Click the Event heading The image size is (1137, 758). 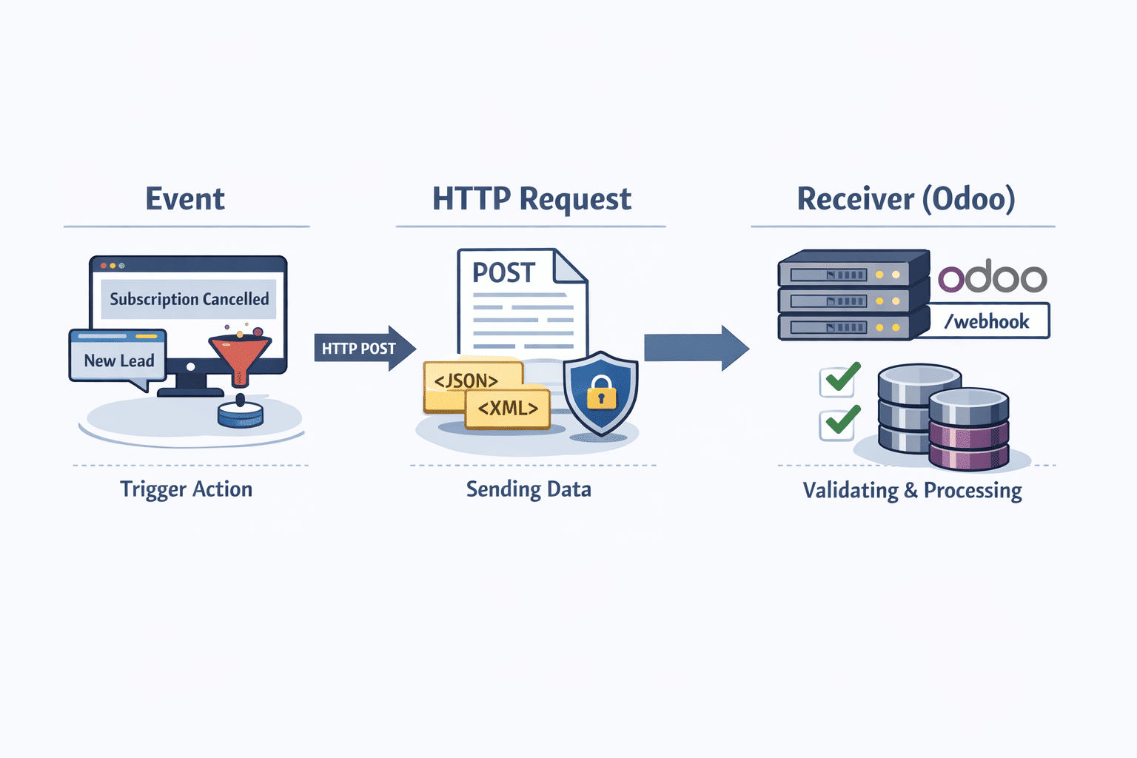coord(185,199)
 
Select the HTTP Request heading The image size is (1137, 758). coord(531,199)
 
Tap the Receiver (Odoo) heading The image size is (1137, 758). coord(905,199)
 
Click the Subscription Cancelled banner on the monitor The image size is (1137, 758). coord(189,299)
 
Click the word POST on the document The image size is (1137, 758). coord(503,273)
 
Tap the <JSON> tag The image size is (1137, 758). coord(466,381)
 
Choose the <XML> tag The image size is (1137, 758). coord(508,409)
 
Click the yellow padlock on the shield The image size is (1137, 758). coord(601,393)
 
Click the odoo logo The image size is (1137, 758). coord(992,278)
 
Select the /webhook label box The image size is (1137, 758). coord(987,321)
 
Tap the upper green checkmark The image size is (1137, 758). coord(841,379)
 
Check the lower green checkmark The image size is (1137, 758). coord(841,422)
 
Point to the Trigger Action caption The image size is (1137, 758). coord(187,489)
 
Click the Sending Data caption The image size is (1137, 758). coord(529,489)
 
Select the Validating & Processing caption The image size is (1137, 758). coord(912,491)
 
